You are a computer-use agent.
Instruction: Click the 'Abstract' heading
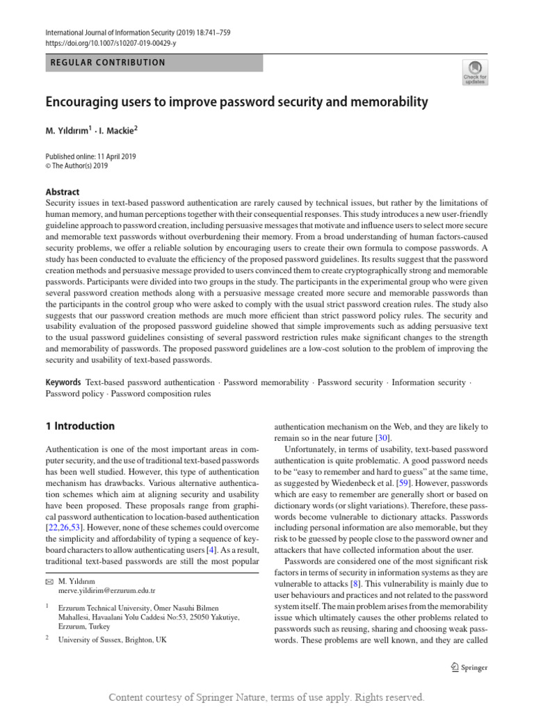[x=63, y=192]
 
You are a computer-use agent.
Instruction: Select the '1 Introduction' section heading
[x=80, y=426]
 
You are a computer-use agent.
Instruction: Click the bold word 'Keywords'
[x=63, y=382]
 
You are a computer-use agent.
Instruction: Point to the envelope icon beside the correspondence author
[x=49, y=579]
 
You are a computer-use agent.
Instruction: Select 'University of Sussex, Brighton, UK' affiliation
[x=113, y=639]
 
